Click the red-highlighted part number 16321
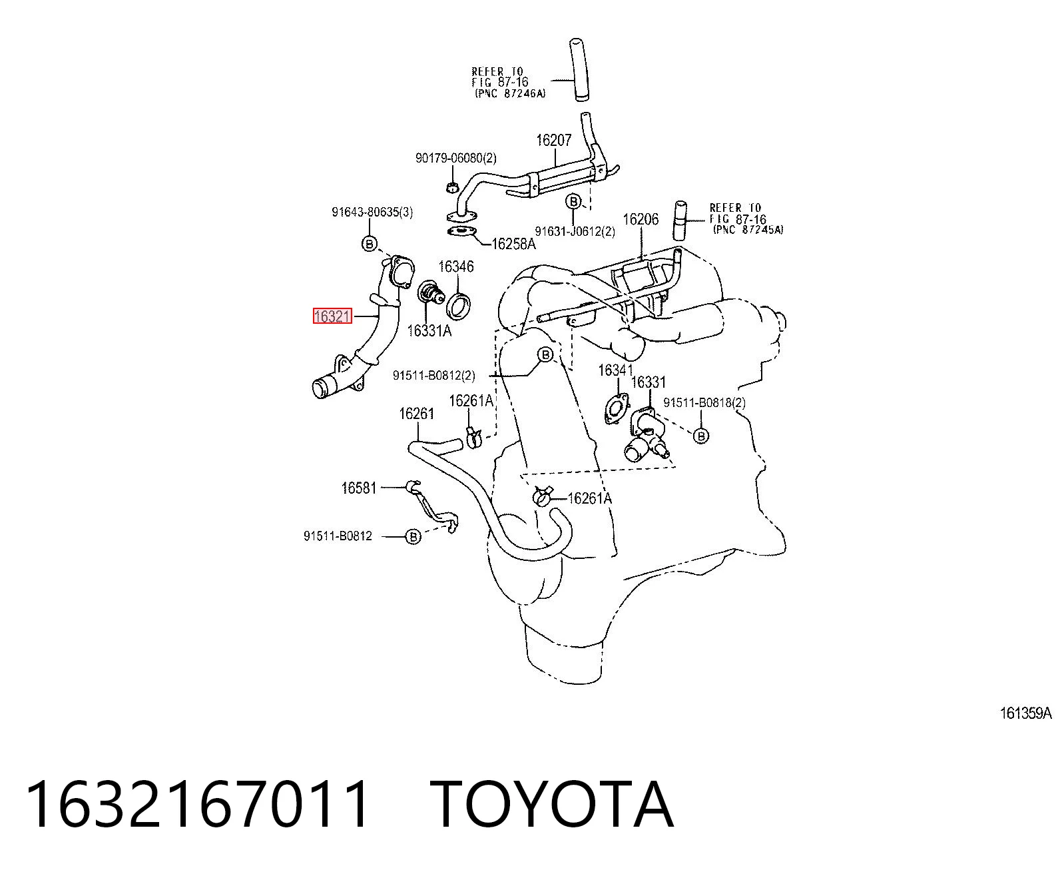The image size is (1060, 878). pos(332,316)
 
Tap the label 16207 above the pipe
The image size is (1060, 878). pos(554,141)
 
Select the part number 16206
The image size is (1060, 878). pos(640,220)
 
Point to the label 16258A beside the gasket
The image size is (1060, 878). pos(514,244)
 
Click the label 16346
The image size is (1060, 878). pos(456,266)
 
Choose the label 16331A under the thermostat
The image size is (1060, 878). pos(429,331)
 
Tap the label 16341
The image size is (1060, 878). pos(615,370)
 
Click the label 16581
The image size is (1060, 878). pos(359,488)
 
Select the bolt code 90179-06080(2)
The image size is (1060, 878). pos(456,159)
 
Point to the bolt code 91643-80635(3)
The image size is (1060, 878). pos(372,212)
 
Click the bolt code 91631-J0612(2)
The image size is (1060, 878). pos(575,232)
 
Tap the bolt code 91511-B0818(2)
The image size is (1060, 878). pos(704,403)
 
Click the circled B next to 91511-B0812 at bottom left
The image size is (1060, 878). pos(413,536)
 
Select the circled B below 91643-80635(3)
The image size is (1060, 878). pos(370,244)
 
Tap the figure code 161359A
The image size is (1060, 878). pos(1025,713)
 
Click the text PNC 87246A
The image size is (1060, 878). pos(511,94)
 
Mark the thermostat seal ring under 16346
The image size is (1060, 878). pos(458,307)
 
